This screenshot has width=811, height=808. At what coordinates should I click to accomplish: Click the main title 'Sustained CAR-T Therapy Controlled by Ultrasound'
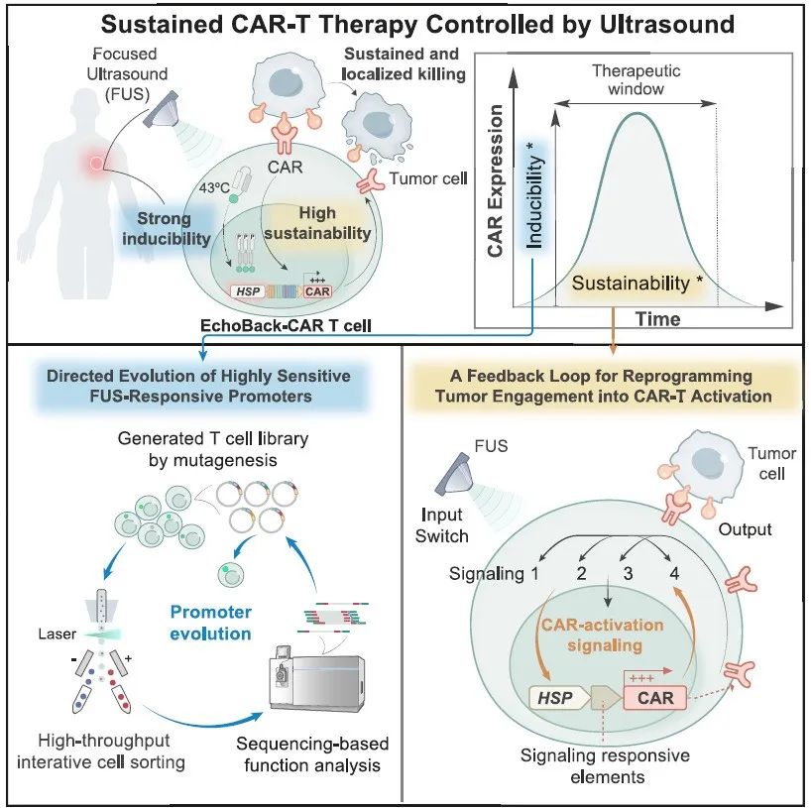tap(405, 24)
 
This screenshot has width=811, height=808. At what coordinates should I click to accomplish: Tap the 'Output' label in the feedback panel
tap(745, 529)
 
